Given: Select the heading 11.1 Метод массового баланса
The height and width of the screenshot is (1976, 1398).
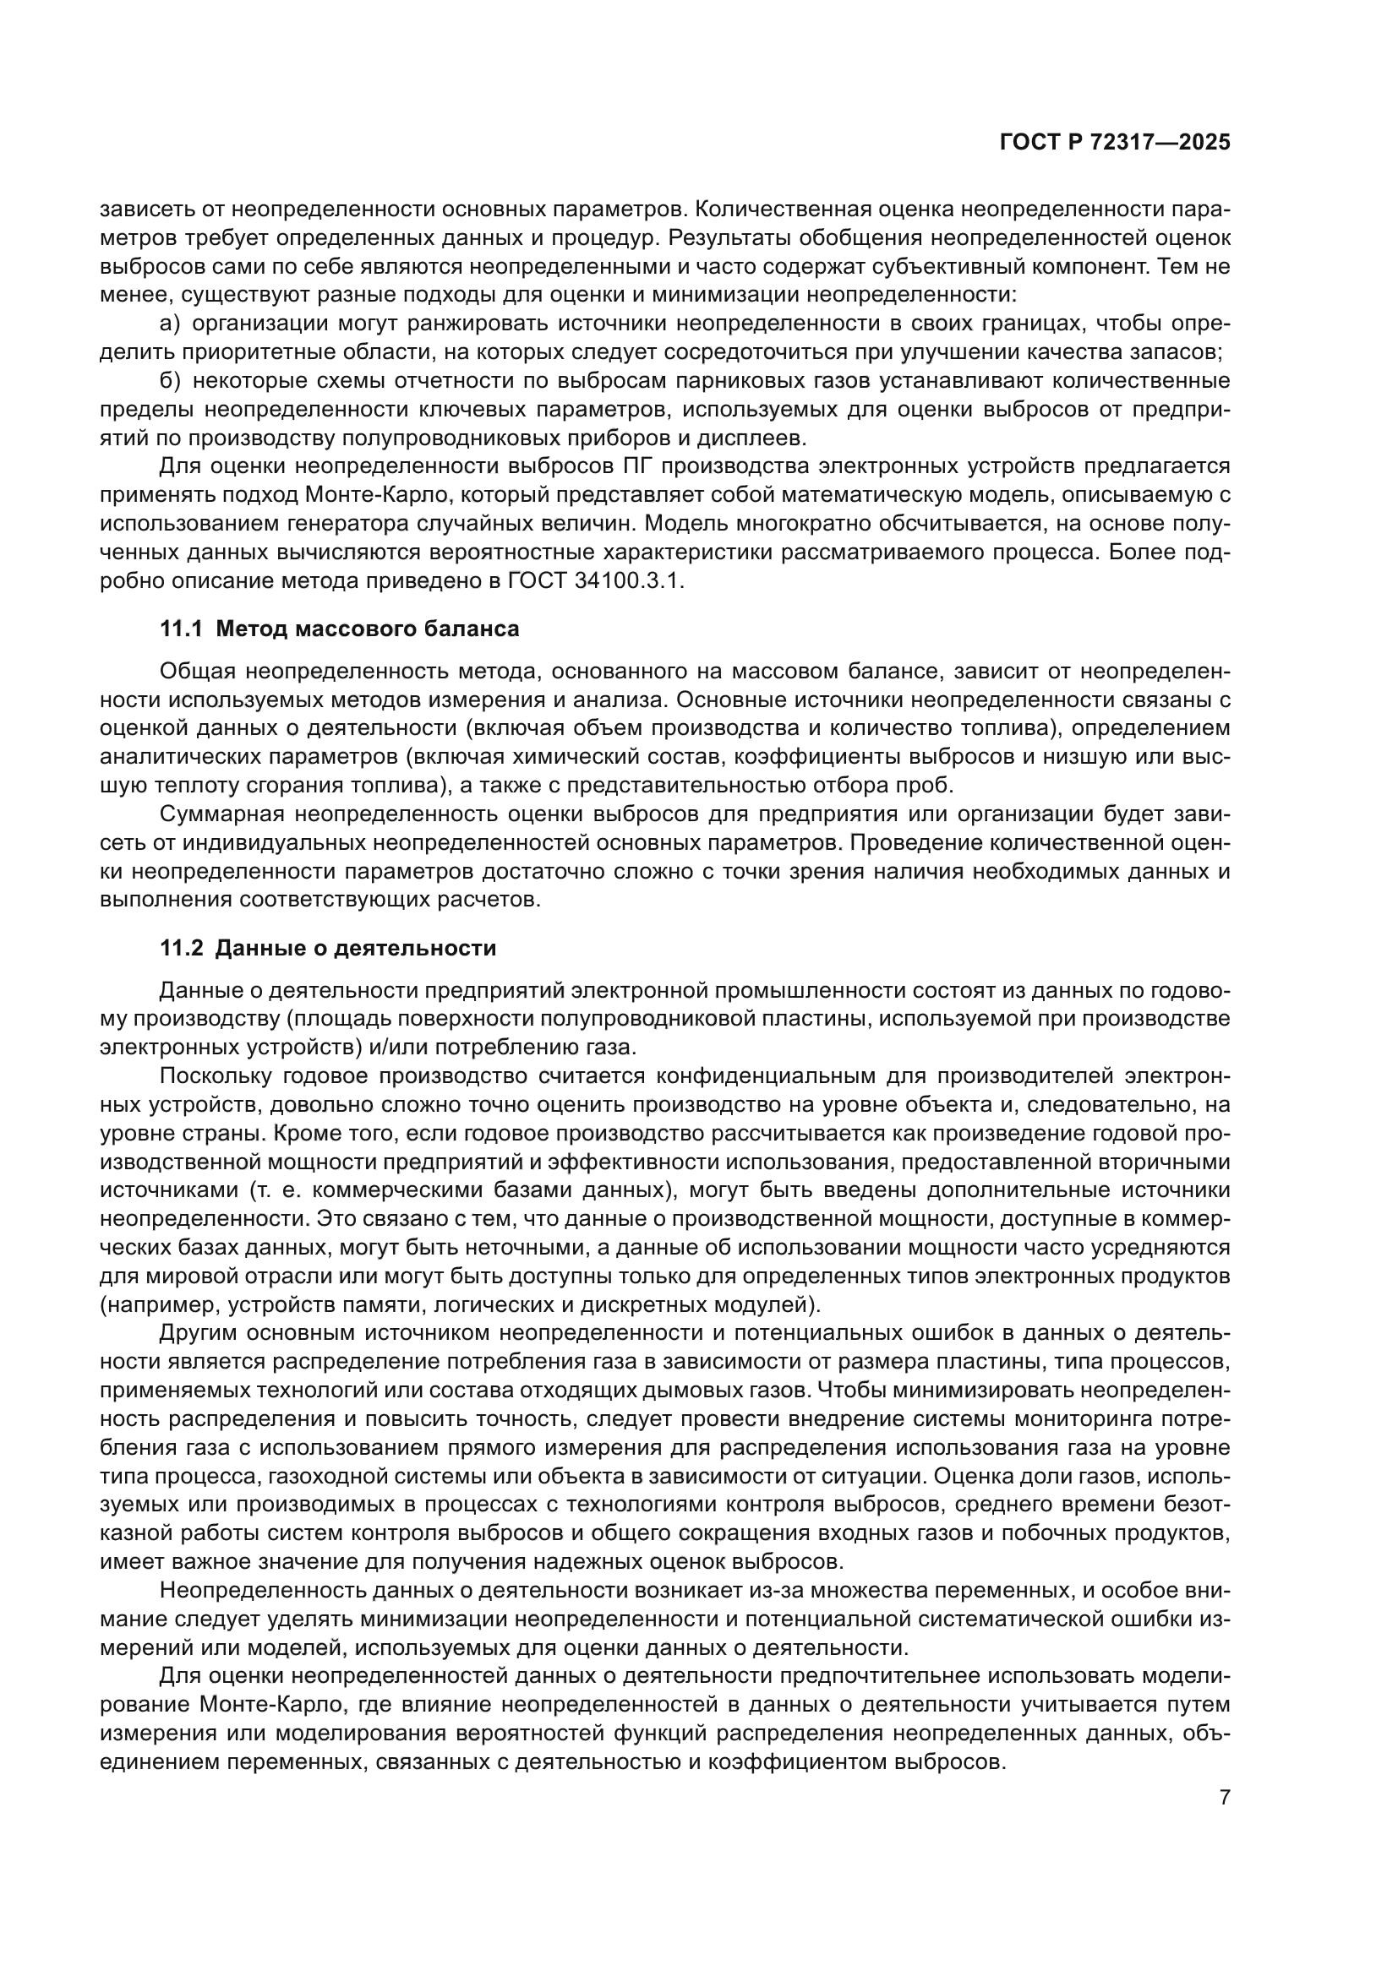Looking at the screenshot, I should [340, 629].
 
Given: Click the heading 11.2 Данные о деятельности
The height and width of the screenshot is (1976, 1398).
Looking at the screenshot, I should [328, 949].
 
